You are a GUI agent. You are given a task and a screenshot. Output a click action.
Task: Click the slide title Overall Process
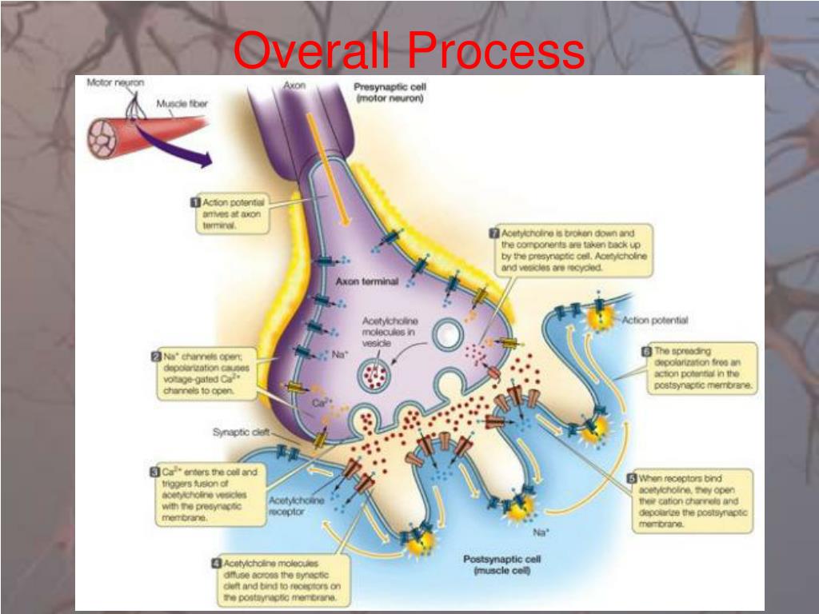point(409,50)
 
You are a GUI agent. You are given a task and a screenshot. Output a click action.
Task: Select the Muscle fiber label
point(182,104)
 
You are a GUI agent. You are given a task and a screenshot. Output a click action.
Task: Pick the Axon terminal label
point(367,281)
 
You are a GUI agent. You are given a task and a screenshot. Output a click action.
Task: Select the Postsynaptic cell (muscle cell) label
point(497,565)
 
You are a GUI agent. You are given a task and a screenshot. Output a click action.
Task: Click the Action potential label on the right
point(654,321)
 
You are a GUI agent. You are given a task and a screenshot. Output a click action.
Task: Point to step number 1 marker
point(194,202)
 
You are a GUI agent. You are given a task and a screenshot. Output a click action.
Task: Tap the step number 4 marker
point(216,563)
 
